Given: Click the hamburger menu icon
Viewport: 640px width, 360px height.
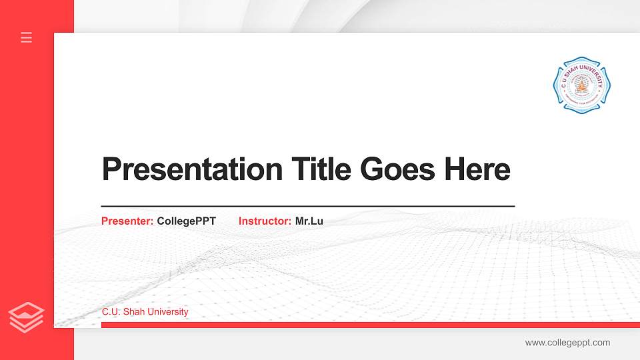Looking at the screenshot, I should pyautogui.click(x=27, y=37).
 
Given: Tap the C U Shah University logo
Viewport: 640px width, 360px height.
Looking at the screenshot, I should pyautogui.click(x=581, y=85).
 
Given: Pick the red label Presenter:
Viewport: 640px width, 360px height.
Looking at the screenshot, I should pyautogui.click(x=127, y=221).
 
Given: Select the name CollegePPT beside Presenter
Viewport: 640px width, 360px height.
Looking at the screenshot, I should pyautogui.click(x=187, y=221).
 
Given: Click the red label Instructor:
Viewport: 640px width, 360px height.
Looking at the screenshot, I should pyautogui.click(x=265, y=221).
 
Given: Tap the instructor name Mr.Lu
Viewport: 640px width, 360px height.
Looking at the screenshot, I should pyautogui.click(x=309, y=221).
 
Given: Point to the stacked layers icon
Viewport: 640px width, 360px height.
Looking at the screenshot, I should pyautogui.click(x=26, y=317).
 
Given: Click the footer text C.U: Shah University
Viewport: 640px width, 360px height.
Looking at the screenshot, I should pyautogui.click(x=145, y=311).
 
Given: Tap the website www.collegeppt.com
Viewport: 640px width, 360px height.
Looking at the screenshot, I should pyautogui.click(x=567, y=343).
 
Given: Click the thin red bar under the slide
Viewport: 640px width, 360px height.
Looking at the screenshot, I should pyautogui.click(x=370, y=325).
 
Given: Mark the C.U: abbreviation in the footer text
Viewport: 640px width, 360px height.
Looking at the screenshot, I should pyautogui.click(x=111, y=311).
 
